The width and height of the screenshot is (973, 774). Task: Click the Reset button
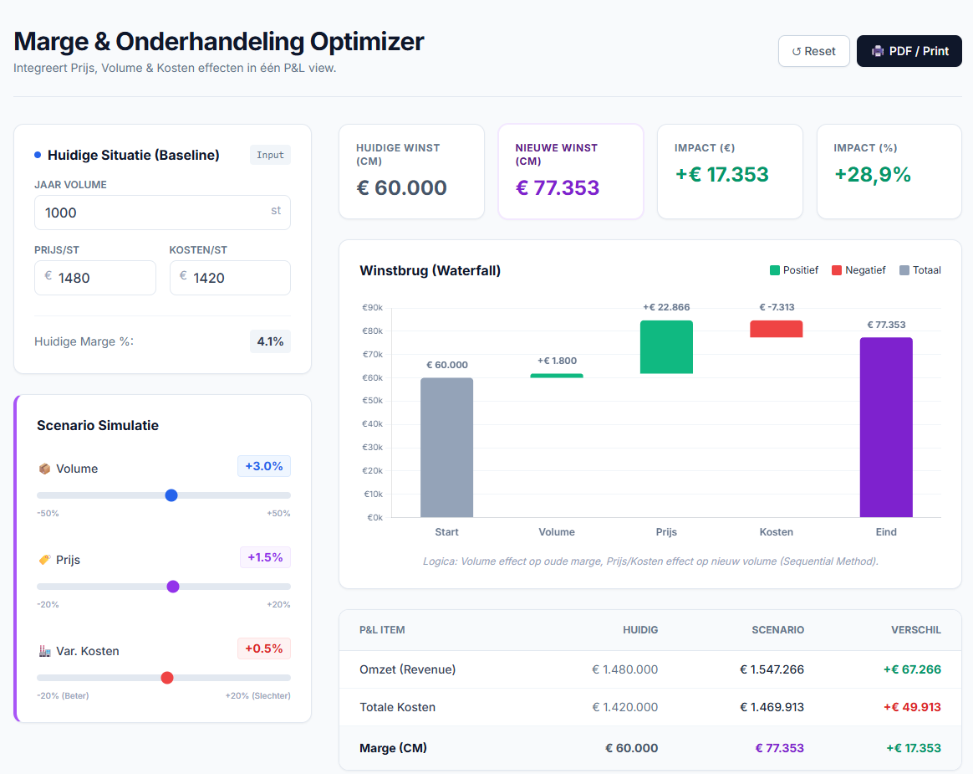813,51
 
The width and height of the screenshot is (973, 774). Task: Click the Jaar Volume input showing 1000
162,213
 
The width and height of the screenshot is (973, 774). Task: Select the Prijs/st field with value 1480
95,278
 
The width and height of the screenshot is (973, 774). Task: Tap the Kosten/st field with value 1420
230,278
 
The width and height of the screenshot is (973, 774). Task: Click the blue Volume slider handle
171,495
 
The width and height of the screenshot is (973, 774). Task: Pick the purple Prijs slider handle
173,587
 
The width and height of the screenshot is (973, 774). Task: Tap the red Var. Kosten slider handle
167,678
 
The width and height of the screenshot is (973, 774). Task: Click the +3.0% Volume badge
263,466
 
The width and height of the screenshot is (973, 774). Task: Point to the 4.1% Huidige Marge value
270,341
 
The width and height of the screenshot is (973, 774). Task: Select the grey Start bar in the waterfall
446,448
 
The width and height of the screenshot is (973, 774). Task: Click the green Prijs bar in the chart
666,346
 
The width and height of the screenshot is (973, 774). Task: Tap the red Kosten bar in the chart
777,329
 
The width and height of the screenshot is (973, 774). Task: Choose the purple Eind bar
886,428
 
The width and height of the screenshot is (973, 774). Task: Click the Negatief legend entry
858,270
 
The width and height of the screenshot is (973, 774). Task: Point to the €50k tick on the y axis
372,401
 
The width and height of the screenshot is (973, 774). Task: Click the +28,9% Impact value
873,175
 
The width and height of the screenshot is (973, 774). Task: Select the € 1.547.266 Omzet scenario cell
772,669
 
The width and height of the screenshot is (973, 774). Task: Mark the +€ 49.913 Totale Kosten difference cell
912,707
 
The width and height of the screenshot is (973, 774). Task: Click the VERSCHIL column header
916,630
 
